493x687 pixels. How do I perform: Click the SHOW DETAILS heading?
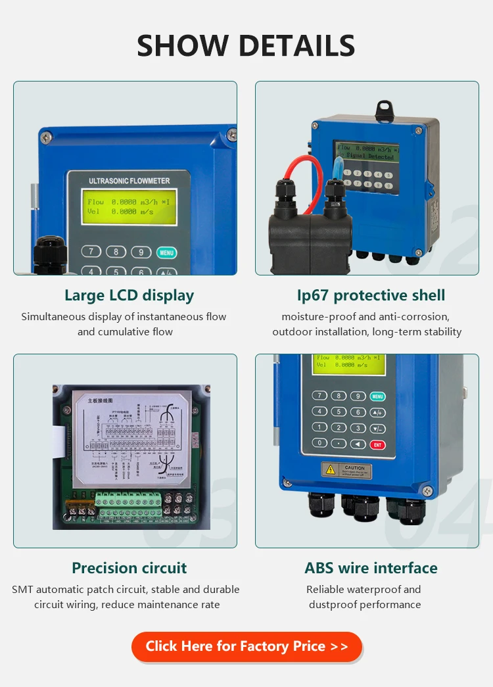[x=246, y=46]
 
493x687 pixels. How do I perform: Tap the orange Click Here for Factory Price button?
[x=246, y=646]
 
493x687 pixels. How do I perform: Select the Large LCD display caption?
[x=129, y=295]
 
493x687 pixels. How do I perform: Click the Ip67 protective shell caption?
[x=371, y=295]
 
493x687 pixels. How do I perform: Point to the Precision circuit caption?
[x=129, y=568]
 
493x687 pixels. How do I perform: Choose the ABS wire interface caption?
[x=371, y=568]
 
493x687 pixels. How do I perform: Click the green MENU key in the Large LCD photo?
[x=166, y=252]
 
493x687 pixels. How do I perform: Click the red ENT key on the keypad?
[x=377, y=444]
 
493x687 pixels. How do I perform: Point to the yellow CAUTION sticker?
[x=346, y=470]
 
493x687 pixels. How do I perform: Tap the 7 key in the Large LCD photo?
[x=91, y=252]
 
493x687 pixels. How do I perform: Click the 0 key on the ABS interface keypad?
[x=319, y=443]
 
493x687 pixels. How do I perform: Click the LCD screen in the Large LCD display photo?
[x=129, y=207]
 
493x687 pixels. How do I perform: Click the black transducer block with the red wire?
[x=309, y=240]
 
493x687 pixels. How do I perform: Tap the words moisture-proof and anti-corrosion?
[x=365, y=317]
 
